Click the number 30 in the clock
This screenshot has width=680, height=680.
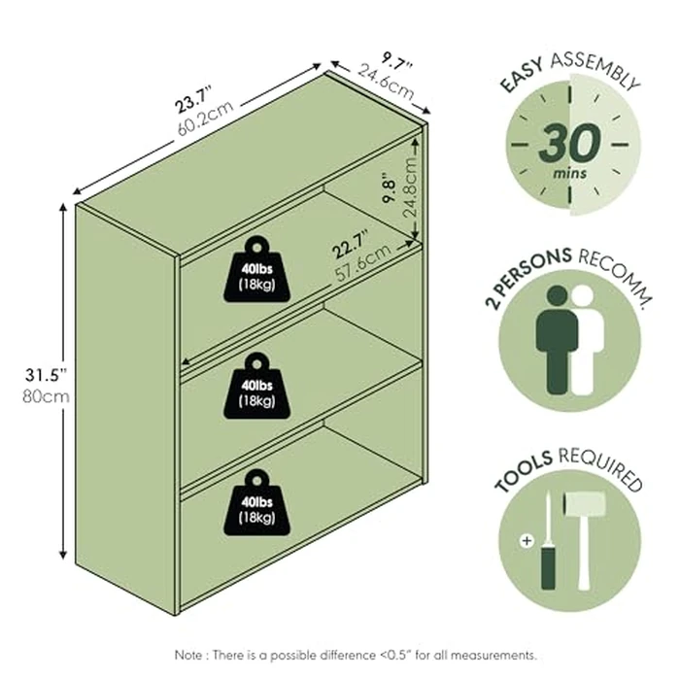[x=568, y=144]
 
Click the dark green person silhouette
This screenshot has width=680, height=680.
[x=558, y=339]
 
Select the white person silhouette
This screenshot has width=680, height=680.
[x=586, y=339]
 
